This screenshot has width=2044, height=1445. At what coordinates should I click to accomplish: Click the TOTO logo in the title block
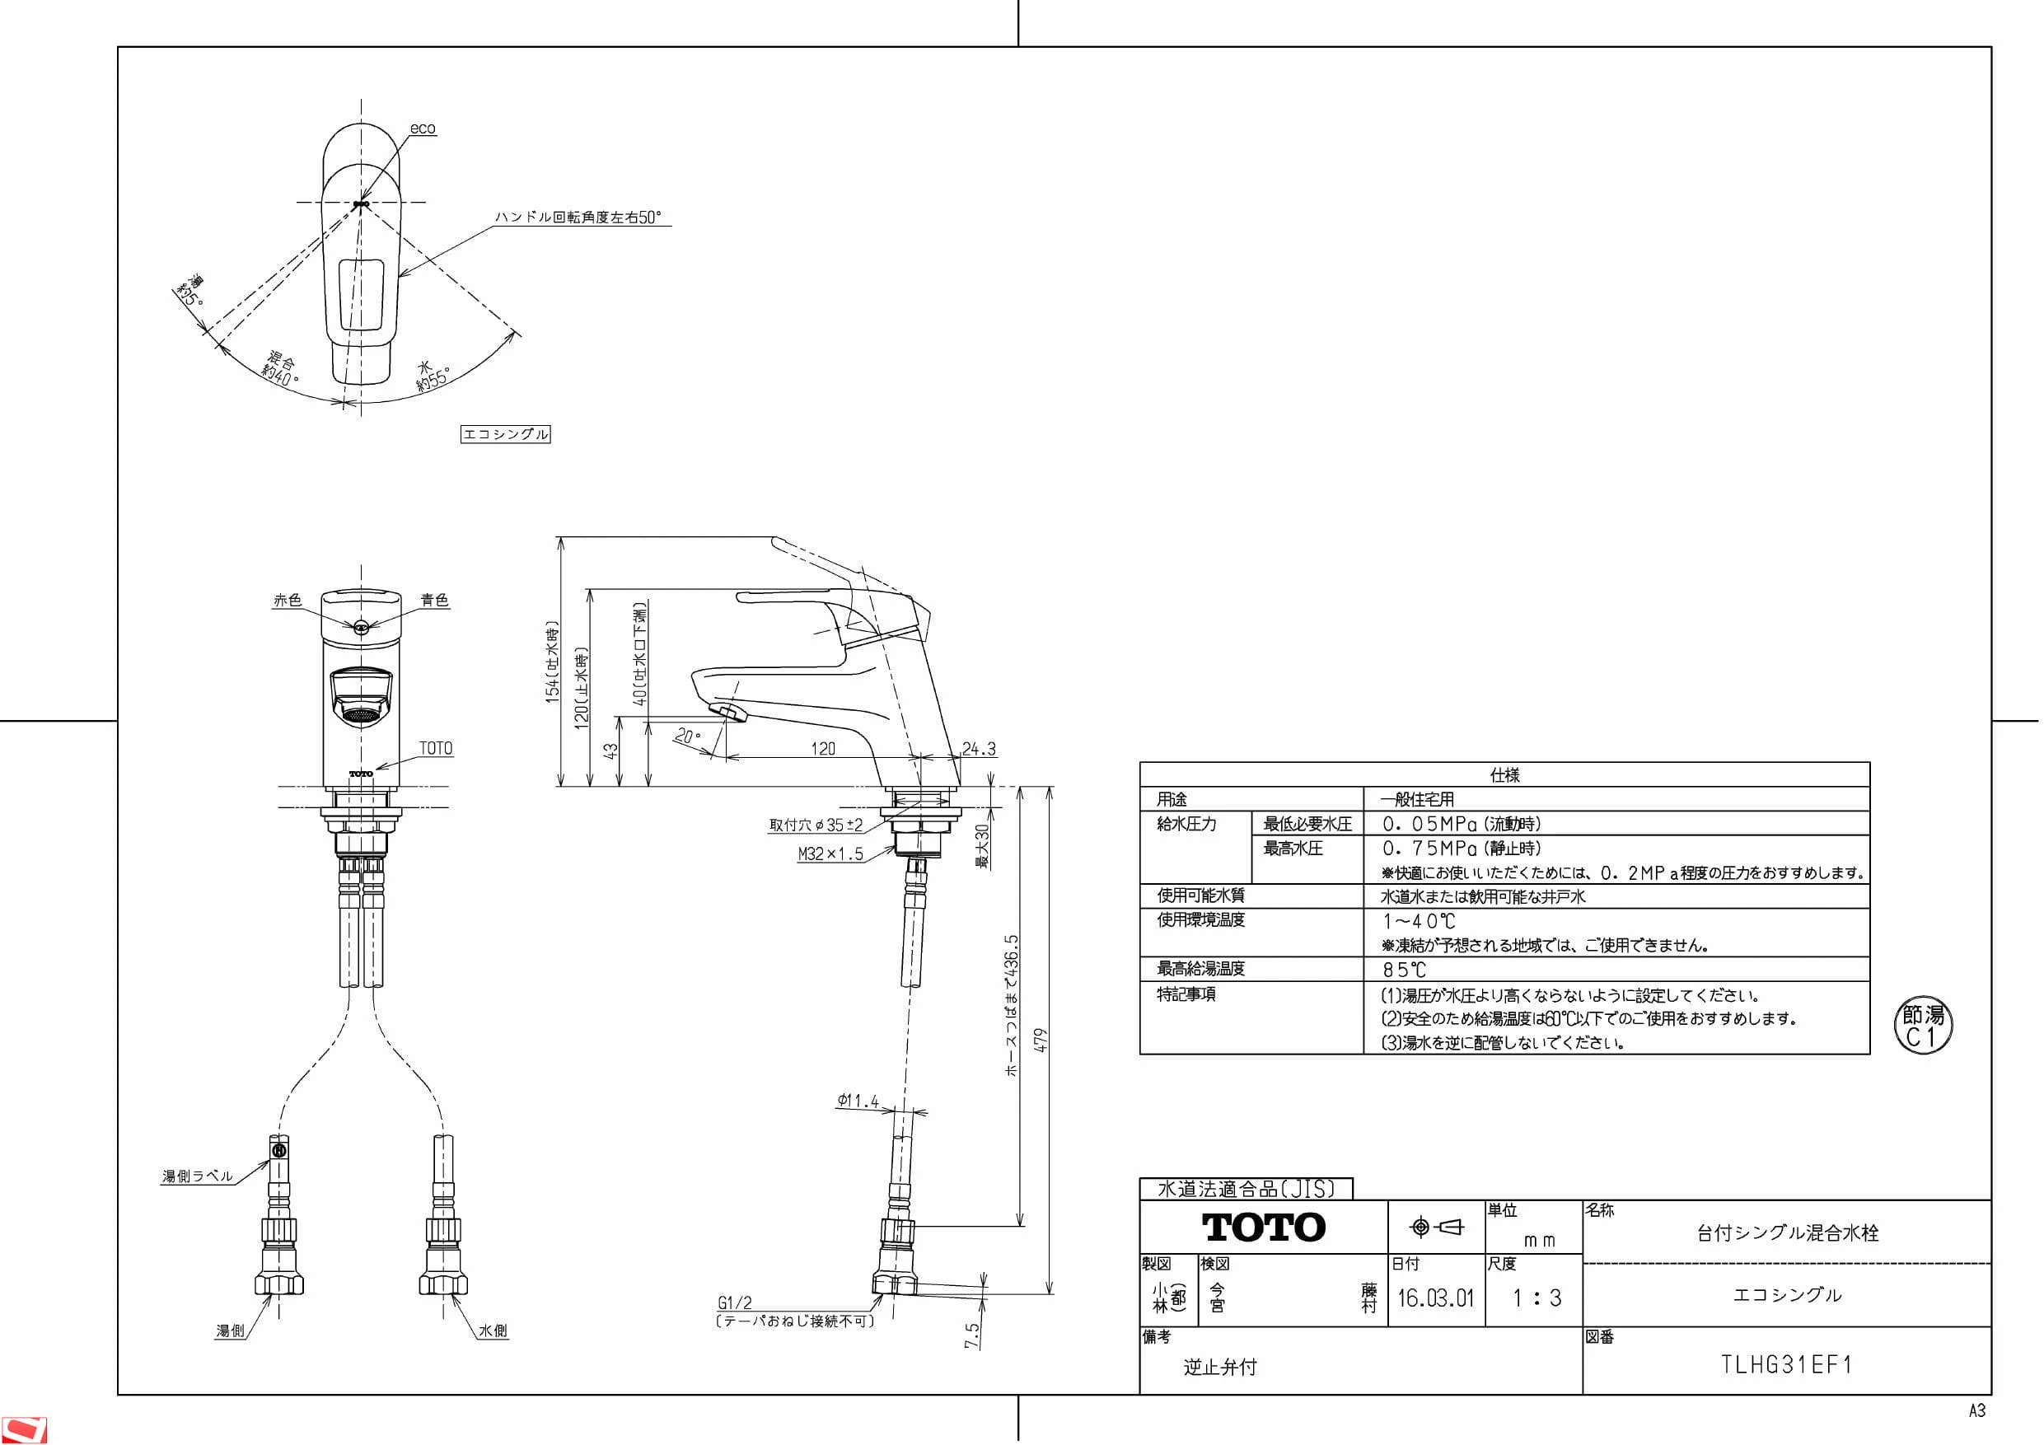1263,1227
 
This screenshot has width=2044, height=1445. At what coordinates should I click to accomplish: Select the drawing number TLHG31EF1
1787,1365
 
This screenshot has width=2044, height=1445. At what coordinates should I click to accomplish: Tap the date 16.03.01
1435,1298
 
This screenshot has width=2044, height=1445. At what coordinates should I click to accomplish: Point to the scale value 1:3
1537,1298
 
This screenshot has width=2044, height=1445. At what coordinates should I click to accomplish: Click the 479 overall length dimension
1041,1040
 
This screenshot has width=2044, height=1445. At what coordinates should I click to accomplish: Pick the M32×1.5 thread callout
830,853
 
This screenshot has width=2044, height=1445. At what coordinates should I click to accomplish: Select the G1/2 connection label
734,1303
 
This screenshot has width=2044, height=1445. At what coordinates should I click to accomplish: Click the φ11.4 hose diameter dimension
858,1101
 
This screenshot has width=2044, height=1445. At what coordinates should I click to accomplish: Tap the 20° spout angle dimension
687,737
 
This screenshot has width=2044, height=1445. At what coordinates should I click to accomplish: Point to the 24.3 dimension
979,749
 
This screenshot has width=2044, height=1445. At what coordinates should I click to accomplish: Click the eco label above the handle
423,129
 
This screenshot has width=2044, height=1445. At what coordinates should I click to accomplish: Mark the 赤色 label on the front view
288,600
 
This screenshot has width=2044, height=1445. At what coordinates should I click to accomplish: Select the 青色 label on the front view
434,600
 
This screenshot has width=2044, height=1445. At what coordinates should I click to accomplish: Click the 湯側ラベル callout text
197,1176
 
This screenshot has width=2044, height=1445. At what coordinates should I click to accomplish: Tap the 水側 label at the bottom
493,1331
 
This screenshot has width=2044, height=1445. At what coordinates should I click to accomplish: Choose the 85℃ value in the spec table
1404,970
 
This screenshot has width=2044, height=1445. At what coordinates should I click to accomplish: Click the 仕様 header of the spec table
1504,774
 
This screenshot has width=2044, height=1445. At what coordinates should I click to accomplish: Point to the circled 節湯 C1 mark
1923,1026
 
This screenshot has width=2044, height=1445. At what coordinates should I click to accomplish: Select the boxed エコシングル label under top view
506,434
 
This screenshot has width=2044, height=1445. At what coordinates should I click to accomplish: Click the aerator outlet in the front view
361,714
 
